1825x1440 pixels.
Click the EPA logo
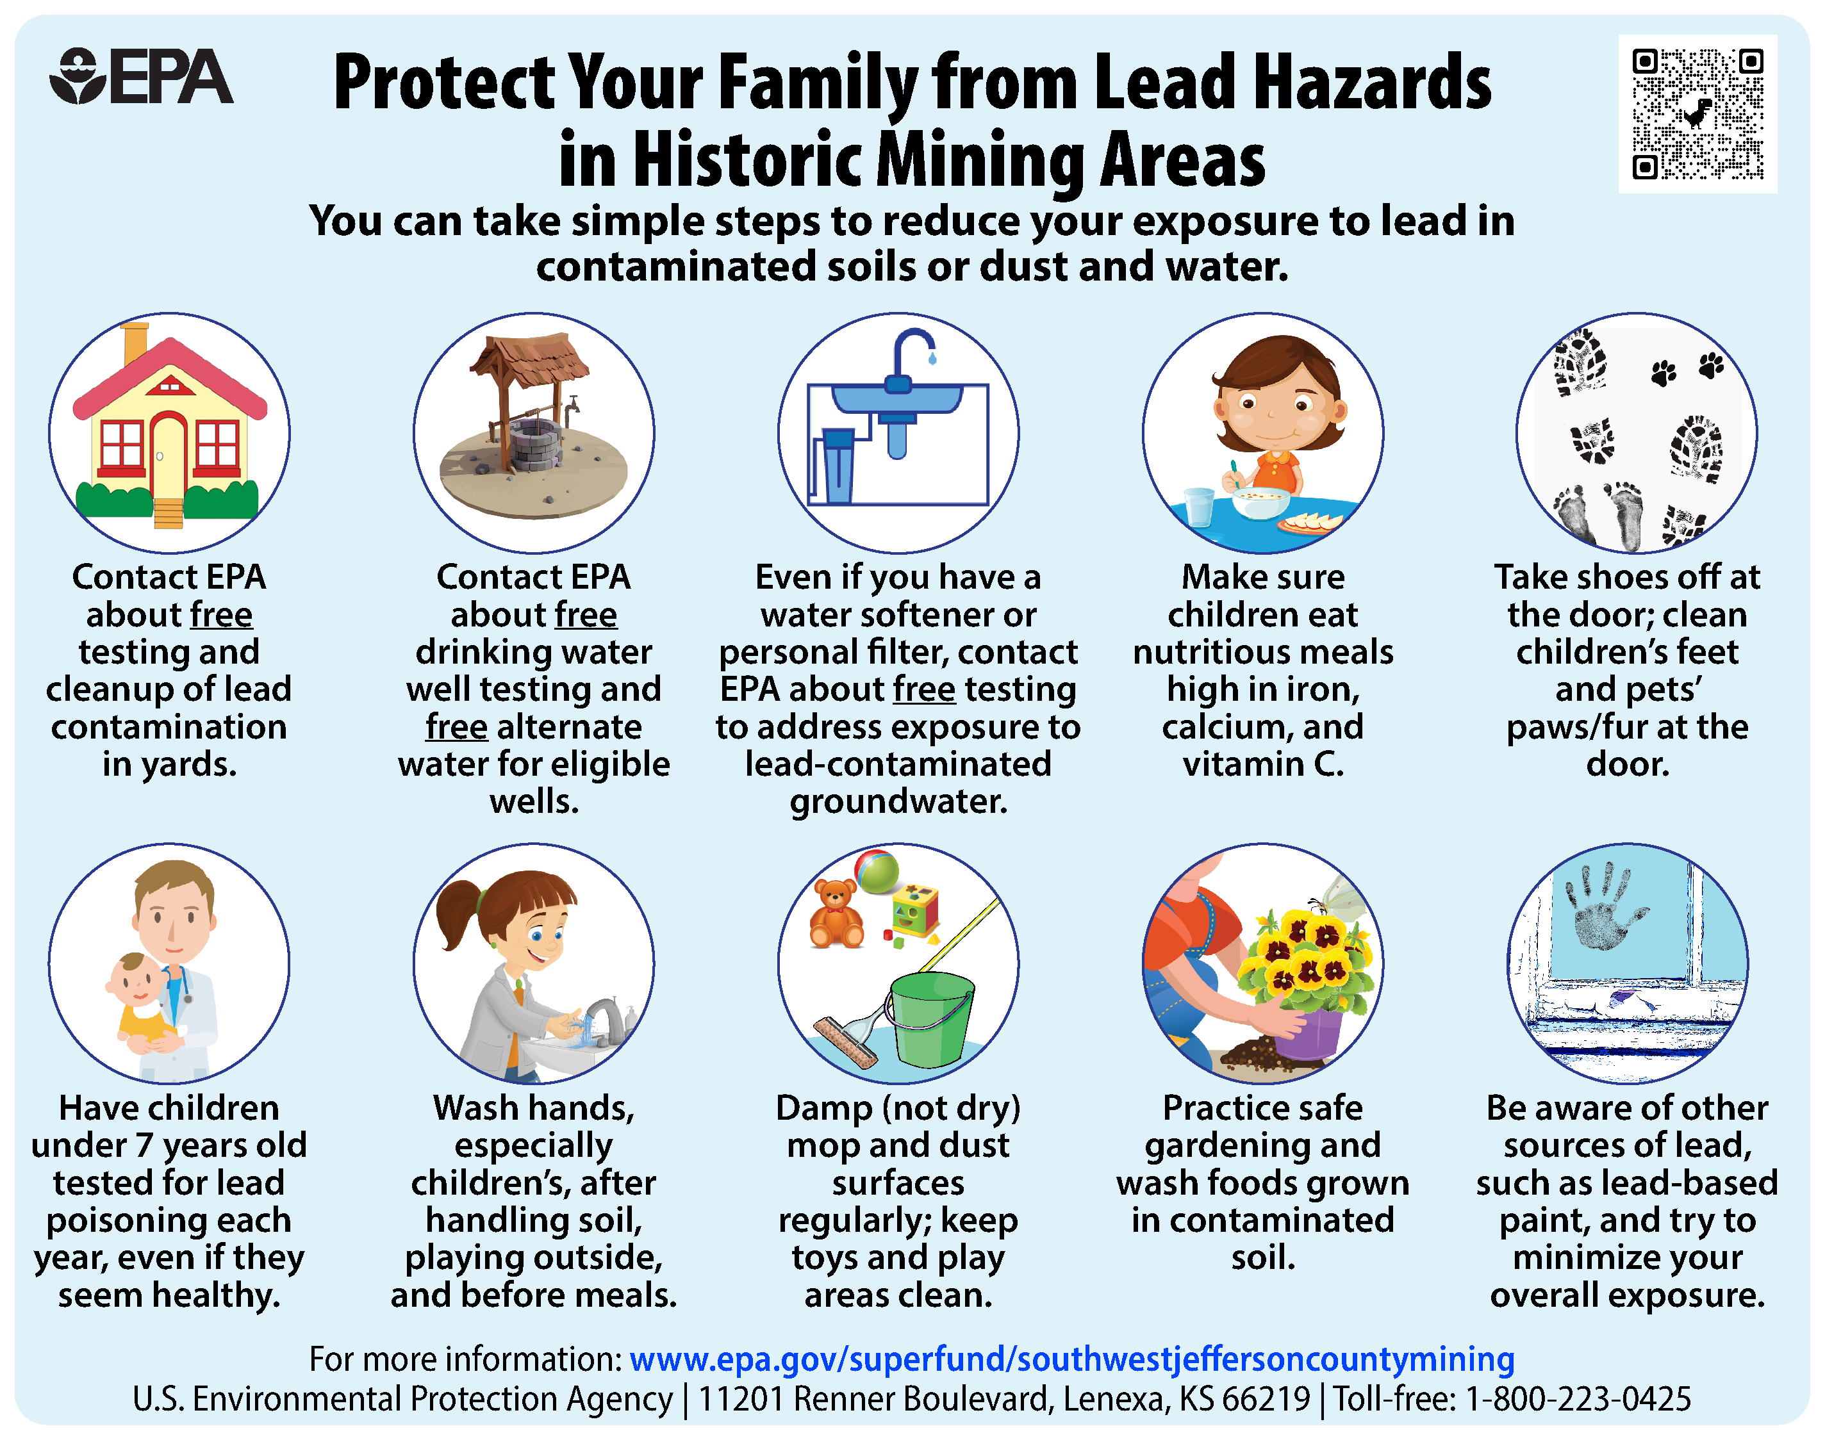point(141,77)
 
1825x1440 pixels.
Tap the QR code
point(1697,114)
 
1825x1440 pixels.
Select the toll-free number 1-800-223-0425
point(1578,1399)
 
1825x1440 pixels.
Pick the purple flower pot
point(1307,1034)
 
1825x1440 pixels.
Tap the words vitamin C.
point(1263,764)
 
